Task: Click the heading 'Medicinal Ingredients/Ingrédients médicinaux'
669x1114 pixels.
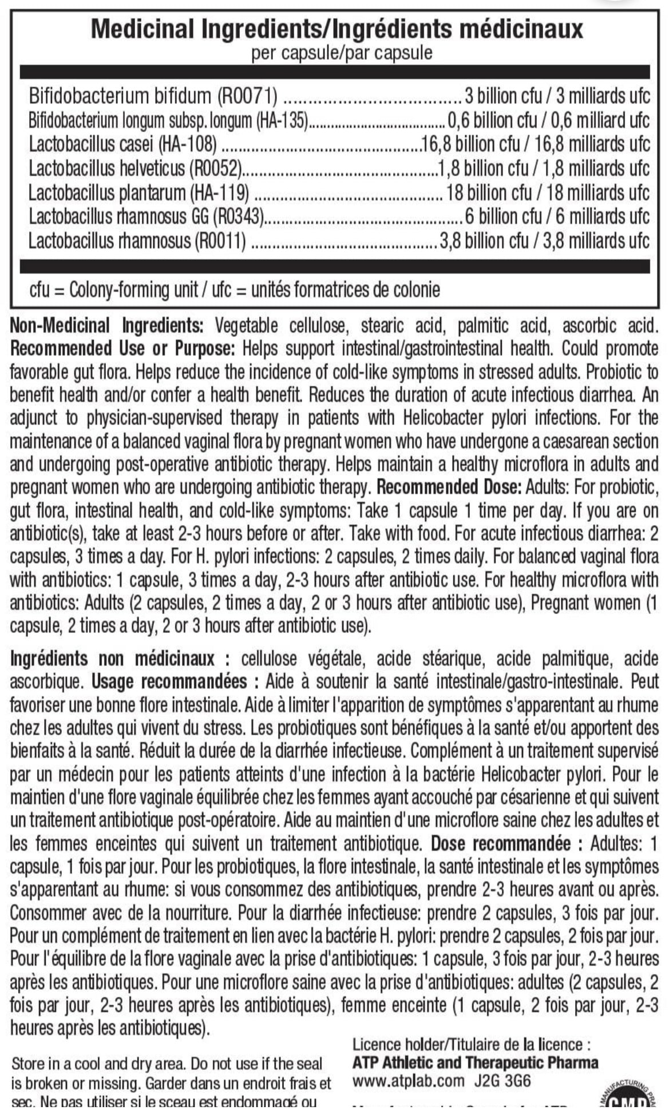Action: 337,28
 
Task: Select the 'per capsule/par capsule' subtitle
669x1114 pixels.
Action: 342,53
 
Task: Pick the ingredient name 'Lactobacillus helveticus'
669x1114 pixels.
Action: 107,168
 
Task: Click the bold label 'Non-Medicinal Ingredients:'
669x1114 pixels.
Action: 107,326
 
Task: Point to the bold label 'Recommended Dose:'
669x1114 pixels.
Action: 449,487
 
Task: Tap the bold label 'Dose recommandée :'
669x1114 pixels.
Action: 507,843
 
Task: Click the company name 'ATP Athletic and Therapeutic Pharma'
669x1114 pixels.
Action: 475,1063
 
